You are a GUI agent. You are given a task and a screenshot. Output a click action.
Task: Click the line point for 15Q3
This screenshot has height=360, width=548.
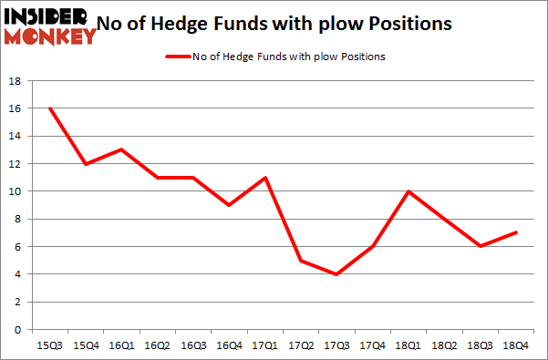(x=51, y=108)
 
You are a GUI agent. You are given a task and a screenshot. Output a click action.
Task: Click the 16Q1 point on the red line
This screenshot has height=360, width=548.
(x=121, y=149)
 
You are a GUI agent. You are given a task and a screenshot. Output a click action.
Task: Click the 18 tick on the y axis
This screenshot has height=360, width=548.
(x=16, y=81)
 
